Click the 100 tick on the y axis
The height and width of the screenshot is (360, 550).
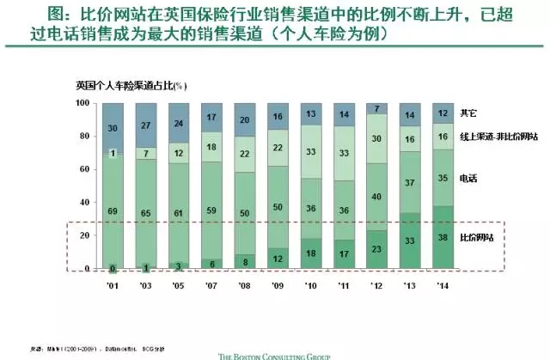click(83, 103)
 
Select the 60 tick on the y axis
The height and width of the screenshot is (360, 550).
click(85, 169)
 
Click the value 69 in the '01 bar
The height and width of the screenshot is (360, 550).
click(113, 211)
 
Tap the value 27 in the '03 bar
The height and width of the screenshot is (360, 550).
click(145, 125)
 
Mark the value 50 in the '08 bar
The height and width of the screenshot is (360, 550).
click(245, 213)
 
